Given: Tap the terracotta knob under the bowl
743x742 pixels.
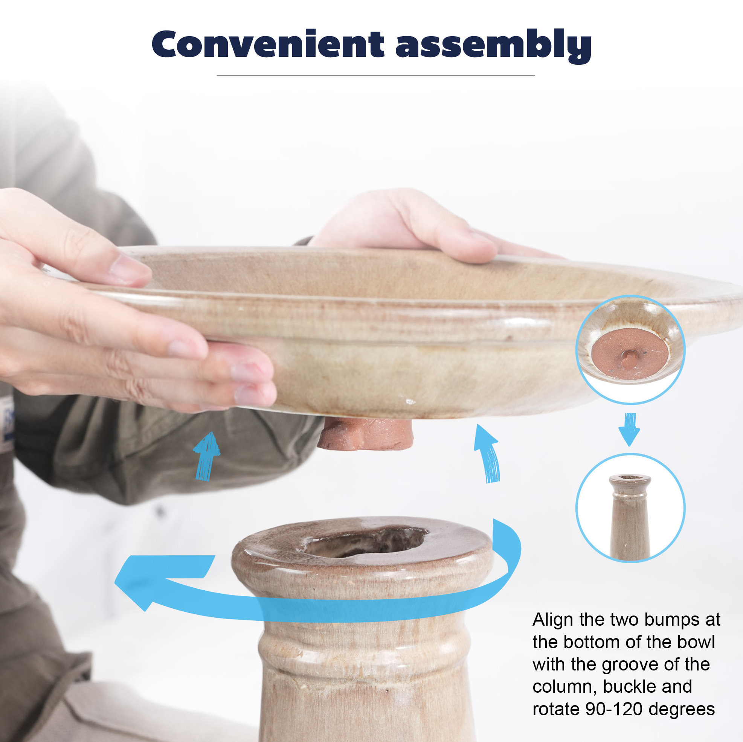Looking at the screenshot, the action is (x=365, y=434).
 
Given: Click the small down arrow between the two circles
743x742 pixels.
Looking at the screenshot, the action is (x=630, y=430).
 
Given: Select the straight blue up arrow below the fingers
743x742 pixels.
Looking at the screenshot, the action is (x=206, y=456).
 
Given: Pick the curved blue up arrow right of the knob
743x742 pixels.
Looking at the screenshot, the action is (x=488, y=454).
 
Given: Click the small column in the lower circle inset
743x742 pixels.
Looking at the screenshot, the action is (x=630, y=517).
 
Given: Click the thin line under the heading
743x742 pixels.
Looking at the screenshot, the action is (x=376, y=75).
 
